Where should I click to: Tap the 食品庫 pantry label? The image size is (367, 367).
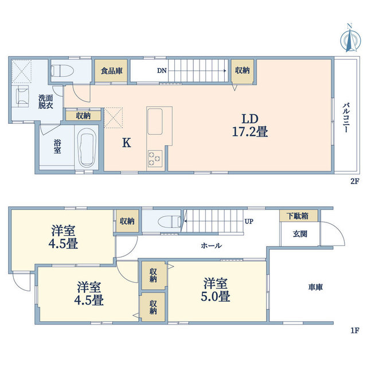click(x=112, y=71)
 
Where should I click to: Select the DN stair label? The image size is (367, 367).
click(x=162, y=71)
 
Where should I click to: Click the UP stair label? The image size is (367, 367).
click(x=249, y=221)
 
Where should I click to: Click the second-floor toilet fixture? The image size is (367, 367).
click(x=63, y=71)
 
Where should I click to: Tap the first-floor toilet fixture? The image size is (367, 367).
click(x=169, y=221)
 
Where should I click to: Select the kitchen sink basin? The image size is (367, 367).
click(x=155, y=121)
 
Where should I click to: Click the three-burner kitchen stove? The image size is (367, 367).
click(x=155, y=159)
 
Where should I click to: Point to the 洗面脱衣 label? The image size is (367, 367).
click(x=46, y=102)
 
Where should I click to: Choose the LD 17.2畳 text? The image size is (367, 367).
click(x=250, y=125)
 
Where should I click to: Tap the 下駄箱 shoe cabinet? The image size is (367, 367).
click(x=299, y=216)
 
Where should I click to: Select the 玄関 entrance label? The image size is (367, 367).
click(x=300, y=234)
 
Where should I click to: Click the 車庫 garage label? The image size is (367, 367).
click(x=315, y=287)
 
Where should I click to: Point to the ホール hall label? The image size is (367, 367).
click(x=211, y=245)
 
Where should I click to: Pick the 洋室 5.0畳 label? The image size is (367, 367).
click(x=216, y=290)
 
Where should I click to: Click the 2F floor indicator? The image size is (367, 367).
click(x=354, y=181)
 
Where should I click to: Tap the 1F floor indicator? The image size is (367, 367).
click(x=355, y=330)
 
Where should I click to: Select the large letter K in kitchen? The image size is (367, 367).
click(x=127, y=143)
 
